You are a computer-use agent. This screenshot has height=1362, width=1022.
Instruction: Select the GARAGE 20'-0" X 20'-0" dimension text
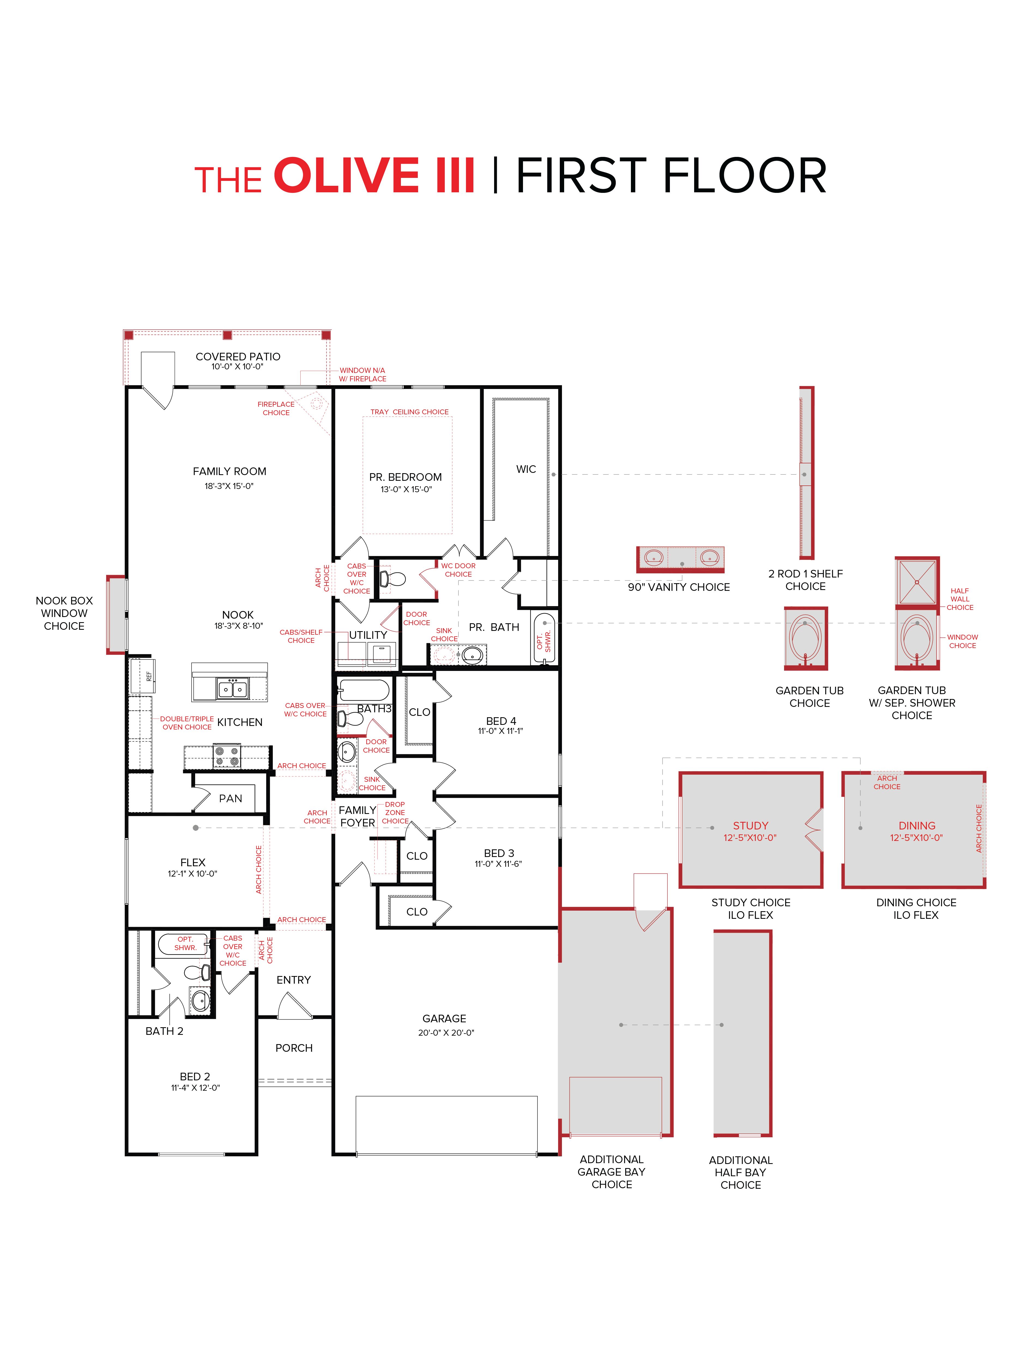pyautogui.click(x=446, y=1033)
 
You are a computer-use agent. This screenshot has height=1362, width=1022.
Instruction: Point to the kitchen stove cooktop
pyautogui.click(x=226, y=756)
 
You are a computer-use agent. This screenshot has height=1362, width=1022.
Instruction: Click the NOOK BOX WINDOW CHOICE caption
pyautogui.click(x=64, y=613)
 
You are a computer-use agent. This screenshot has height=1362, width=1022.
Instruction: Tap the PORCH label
pyautogui.click(x=294, y=1048)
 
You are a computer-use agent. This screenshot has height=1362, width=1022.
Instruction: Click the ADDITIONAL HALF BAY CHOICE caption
pyautogui.click(x=740, y=1172)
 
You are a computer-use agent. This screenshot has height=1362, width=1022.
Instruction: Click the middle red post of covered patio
pyautogui.click(x=227, y=335)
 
